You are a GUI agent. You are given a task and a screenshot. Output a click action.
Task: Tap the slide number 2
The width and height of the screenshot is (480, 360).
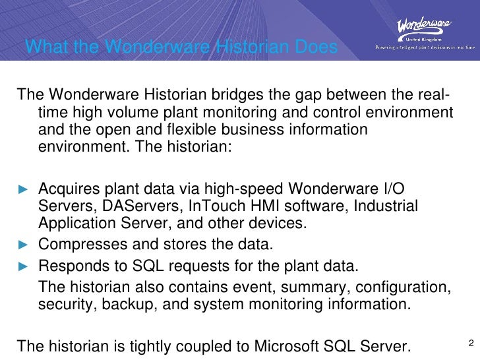471,343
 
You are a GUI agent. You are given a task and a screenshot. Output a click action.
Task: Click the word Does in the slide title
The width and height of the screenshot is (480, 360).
315,47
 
